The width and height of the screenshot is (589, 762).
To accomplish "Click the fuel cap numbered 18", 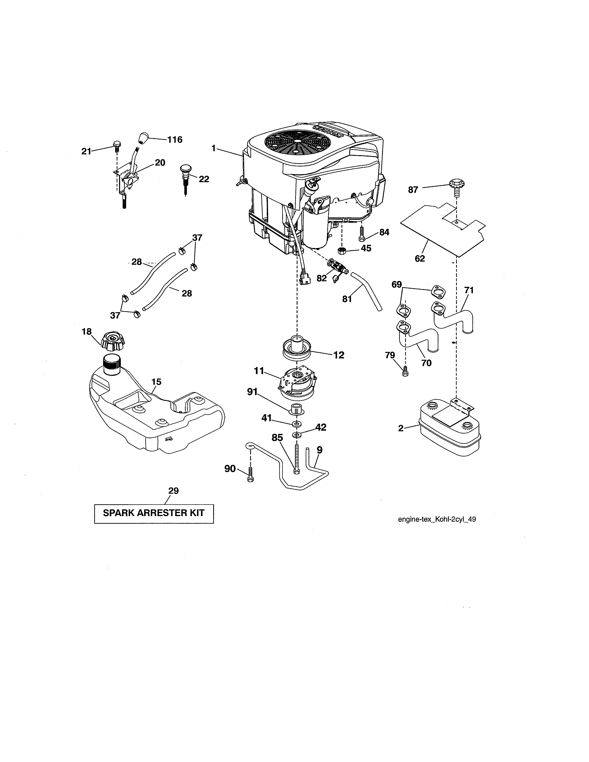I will coord(113,342).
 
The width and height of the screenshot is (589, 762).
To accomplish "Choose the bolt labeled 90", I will coord(250,475).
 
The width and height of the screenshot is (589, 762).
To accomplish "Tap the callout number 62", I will coord(420,259).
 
